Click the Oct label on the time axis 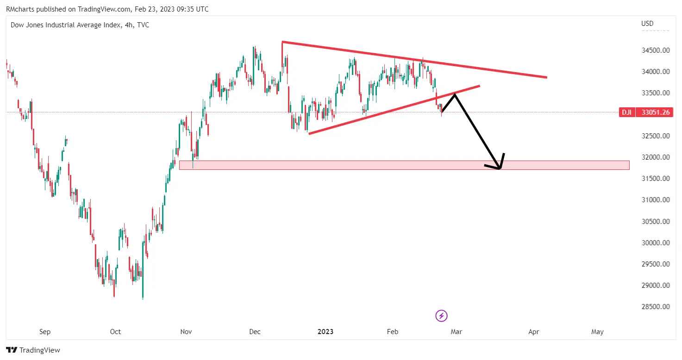click(x=115, y=332)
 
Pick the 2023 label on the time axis click(x=325, y=332)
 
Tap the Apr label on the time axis click(x=534, y=332)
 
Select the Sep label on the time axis click(x=45, y=332)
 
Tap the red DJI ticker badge click(x=626, y=112)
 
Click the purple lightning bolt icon click(x=441, y=316)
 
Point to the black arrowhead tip click(x=500, y=168)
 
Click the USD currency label click(x=647, y=24)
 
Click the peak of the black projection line click(x=455, y=94)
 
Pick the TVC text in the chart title click(x=143, y=25)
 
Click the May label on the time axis click(x=597, y=332)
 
